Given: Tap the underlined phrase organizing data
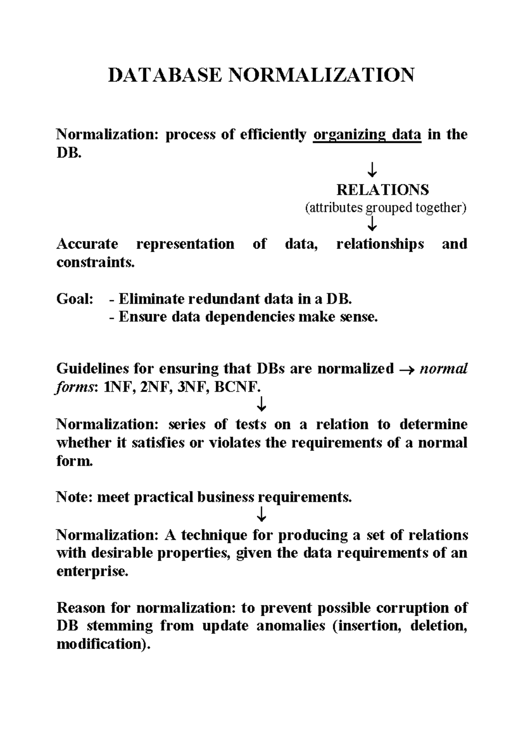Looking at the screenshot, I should tap(367, 135).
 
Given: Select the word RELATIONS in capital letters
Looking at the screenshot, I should tap(383, 190).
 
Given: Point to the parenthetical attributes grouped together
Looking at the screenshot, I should tap(385, 208).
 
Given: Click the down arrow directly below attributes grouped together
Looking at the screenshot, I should tap(372, 224).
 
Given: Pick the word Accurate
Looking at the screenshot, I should tap(87, 244).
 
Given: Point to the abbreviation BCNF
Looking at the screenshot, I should tap(238, 387).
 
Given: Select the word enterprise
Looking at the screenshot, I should tap(92, 571).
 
